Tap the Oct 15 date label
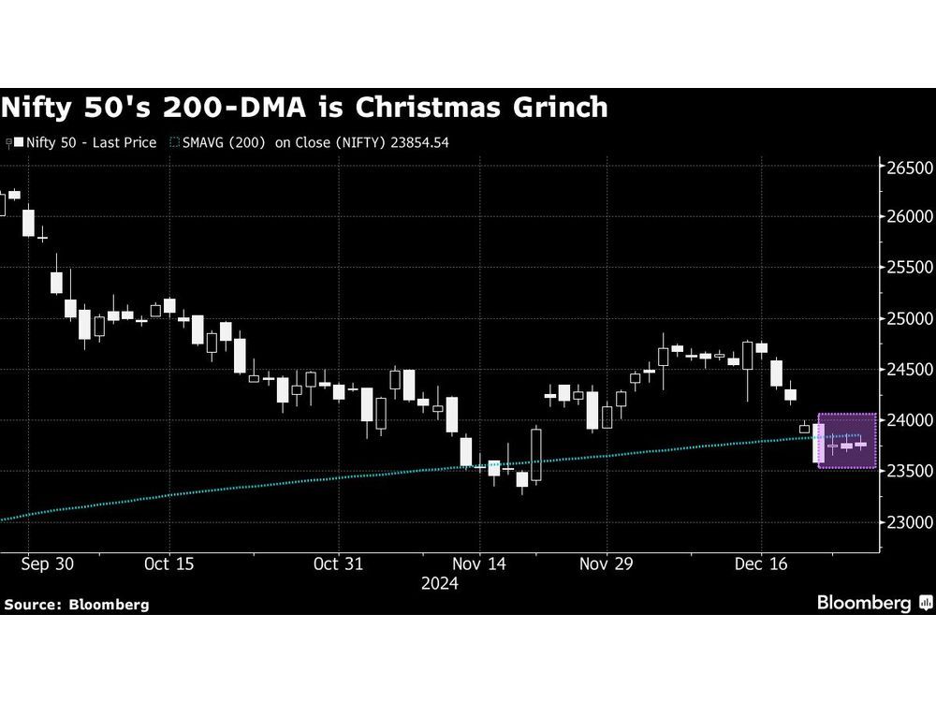point(170,563)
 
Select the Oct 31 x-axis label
point(337,563)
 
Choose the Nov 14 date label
point(480,563)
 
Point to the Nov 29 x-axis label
point(607,563)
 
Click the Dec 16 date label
point(761,563)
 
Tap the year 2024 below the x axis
point(439,583)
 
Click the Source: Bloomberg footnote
point(77,604)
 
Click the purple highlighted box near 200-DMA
point(847,440)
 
